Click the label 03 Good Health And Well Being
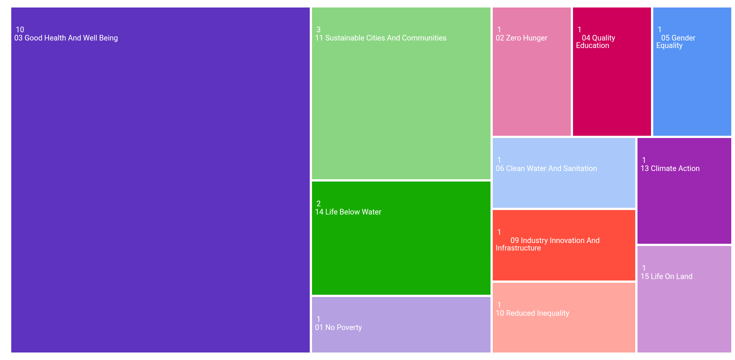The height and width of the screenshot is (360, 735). tap(66, 38)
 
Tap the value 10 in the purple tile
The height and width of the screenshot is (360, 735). tap(20, 30)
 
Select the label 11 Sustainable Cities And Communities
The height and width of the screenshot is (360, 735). tap(381, 38)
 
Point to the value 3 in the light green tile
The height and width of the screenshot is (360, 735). tap(318, 30)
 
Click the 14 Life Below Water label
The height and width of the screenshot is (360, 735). tap(348, 212)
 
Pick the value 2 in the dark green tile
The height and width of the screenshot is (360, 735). tap(318, 204)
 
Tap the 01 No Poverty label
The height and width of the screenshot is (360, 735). tap(338, 327)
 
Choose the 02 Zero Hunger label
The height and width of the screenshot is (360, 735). tap(521, 38)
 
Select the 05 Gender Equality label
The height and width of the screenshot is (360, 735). tap(676, 42)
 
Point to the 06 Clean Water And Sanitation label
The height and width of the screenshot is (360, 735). tap(546, 168)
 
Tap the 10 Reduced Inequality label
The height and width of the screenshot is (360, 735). tap(532, 313)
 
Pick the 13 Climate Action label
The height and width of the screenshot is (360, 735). tap(670, 168)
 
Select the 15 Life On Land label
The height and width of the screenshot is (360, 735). tap(666, 276)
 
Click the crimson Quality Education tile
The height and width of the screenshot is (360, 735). tap(612, 94)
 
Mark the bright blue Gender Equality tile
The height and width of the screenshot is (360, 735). tap(692, 94)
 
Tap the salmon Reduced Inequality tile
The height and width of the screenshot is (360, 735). tap(564, 334)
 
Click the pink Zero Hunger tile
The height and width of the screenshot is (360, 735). tap(531, 94)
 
